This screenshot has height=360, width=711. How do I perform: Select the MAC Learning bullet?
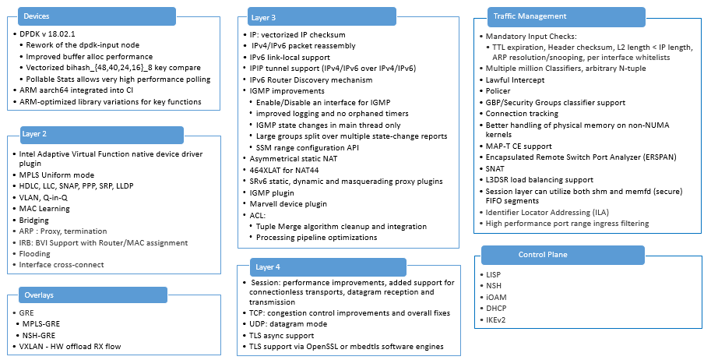click(x=45, y=209)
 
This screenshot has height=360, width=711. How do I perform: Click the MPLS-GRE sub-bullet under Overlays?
click(x=44, y=322)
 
